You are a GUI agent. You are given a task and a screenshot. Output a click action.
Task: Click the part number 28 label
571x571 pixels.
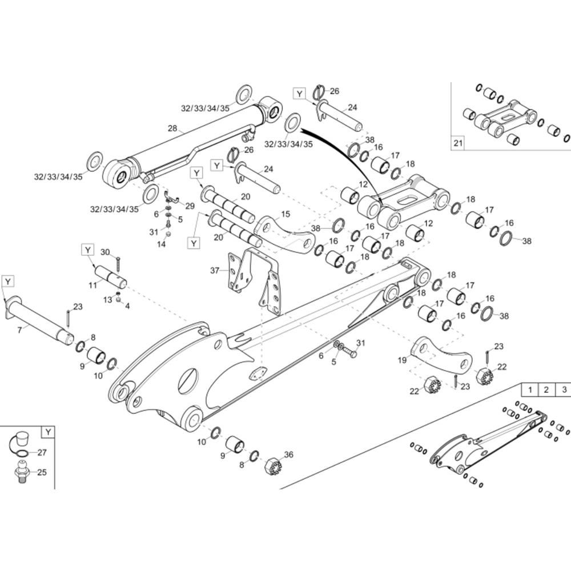pyautogui.click(x=172, y=129)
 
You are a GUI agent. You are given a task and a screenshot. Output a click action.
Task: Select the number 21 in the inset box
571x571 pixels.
pyautogui.click(x=458, y=143)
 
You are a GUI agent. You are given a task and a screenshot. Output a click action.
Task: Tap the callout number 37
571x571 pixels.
pyautogui.click(x=215, y=270)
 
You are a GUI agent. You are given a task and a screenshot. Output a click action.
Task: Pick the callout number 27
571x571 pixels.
pyautogui.click(x=42, y=453)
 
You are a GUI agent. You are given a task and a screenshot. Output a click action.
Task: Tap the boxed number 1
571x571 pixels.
pyautogui.click(x=530, y=390)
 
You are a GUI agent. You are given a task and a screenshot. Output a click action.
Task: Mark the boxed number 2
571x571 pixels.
pyautogui.click(x=546, y=390)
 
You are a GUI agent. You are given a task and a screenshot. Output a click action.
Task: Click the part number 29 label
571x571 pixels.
pyautogui.click(x=190, y=206)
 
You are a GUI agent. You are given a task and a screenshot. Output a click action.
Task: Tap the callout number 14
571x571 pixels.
pyautogui.click(x=162, y=244)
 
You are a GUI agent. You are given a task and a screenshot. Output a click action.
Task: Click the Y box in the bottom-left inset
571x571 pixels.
pyautogui.click(x=49, y=432)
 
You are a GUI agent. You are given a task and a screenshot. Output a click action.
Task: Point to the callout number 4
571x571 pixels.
pyautogui.click(x=127, y=306)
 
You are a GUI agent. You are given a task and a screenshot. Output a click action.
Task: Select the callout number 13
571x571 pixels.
pyautogui.click(x=107, y=300)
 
